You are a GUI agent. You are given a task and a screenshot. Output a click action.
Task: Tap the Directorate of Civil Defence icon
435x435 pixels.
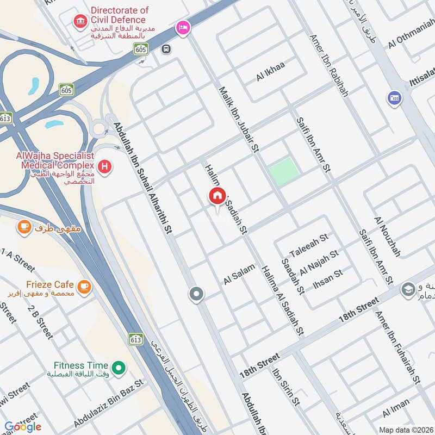click(80, 21)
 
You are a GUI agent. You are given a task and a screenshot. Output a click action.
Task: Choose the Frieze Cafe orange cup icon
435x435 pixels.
click(84, 285)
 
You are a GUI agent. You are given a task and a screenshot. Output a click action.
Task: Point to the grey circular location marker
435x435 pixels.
click(196, 295)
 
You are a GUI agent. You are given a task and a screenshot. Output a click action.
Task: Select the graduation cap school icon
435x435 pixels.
click(408, 290)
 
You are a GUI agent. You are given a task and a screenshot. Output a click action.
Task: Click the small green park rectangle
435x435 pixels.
click(284, 171)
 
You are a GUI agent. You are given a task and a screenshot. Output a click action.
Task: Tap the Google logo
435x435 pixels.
click(22, 426)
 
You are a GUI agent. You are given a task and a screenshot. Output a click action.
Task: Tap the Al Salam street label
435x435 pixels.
click(239, 275)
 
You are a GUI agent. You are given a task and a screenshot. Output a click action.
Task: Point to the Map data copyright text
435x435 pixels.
click(405, 429)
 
